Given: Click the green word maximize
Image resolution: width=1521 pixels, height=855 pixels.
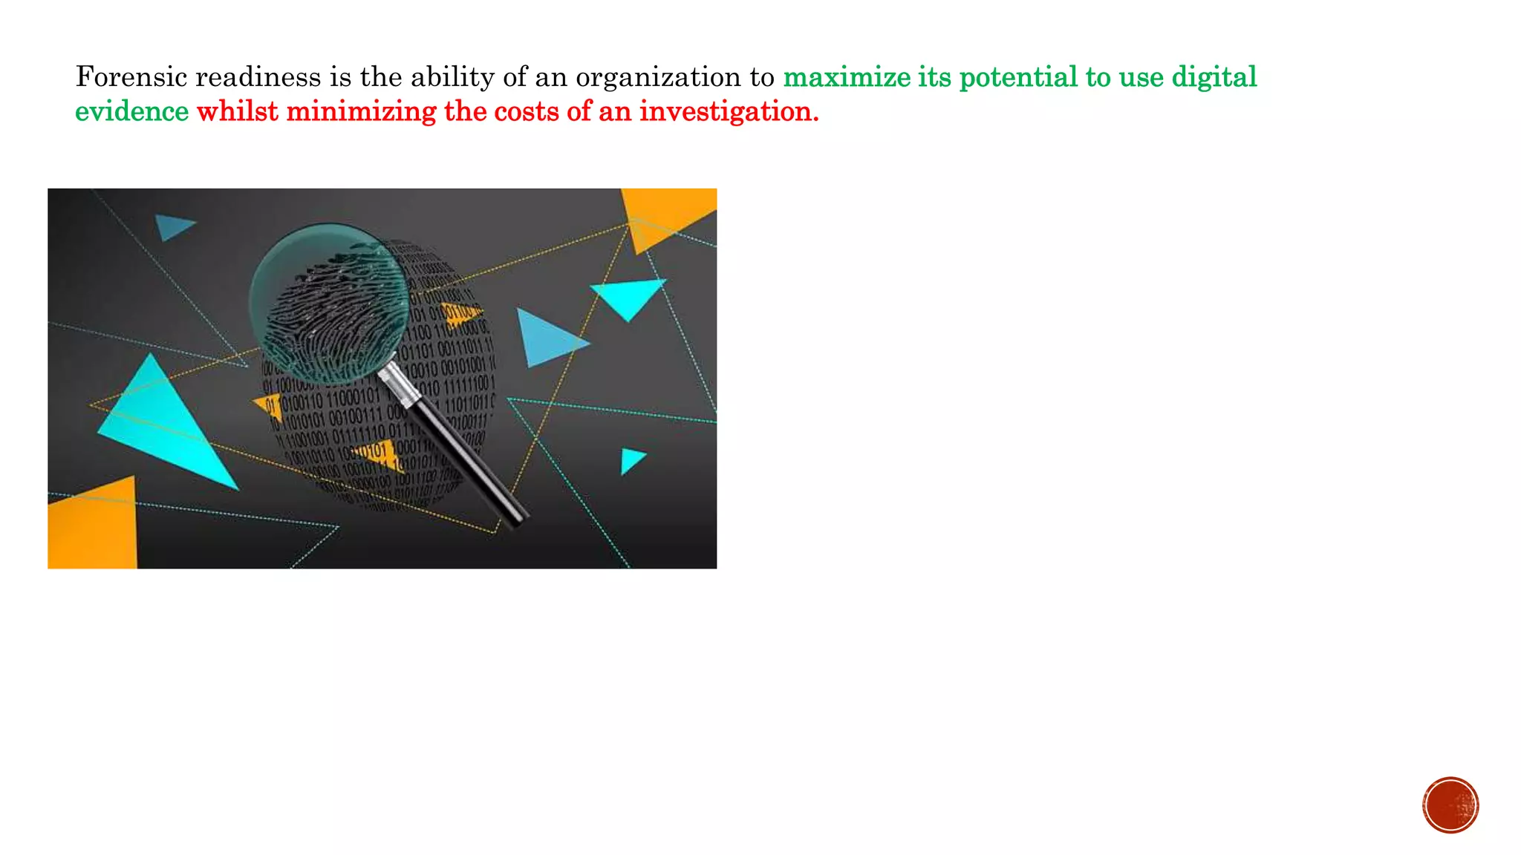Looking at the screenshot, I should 847,77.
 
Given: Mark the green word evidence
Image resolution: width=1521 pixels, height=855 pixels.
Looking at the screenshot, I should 132,111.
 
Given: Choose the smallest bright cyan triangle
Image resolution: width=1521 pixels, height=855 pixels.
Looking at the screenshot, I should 631,459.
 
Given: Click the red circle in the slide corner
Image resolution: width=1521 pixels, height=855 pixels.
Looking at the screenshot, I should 1450,805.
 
